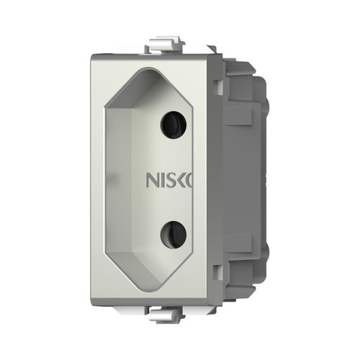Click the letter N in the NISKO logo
click(154, 179)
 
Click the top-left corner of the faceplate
click(95, 54)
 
